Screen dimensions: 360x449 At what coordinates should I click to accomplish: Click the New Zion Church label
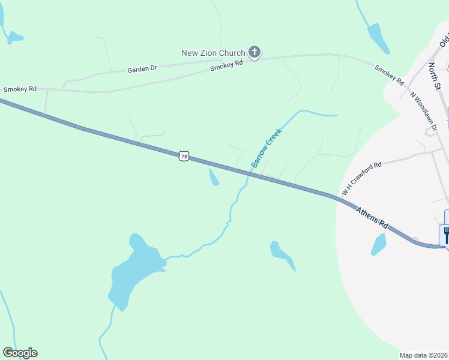pos(213,53)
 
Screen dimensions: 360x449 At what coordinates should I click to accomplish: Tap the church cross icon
pos(255,53)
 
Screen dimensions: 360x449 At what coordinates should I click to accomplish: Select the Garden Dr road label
pos(142,69)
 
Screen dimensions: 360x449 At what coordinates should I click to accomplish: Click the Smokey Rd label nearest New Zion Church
pos(226,65)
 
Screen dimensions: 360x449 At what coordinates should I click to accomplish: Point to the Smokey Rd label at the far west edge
pos(20,89)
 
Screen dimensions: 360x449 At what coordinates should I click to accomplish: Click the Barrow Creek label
pos(266,148)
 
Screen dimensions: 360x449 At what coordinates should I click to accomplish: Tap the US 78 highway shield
pos(184,157)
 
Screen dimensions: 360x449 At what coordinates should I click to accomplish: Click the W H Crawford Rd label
pos(361,179)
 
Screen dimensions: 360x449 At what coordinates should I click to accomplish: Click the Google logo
pos(20,353)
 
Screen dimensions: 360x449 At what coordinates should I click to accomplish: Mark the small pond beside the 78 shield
pos(213,177)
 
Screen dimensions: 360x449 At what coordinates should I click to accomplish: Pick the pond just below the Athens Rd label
pos(379,244)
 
